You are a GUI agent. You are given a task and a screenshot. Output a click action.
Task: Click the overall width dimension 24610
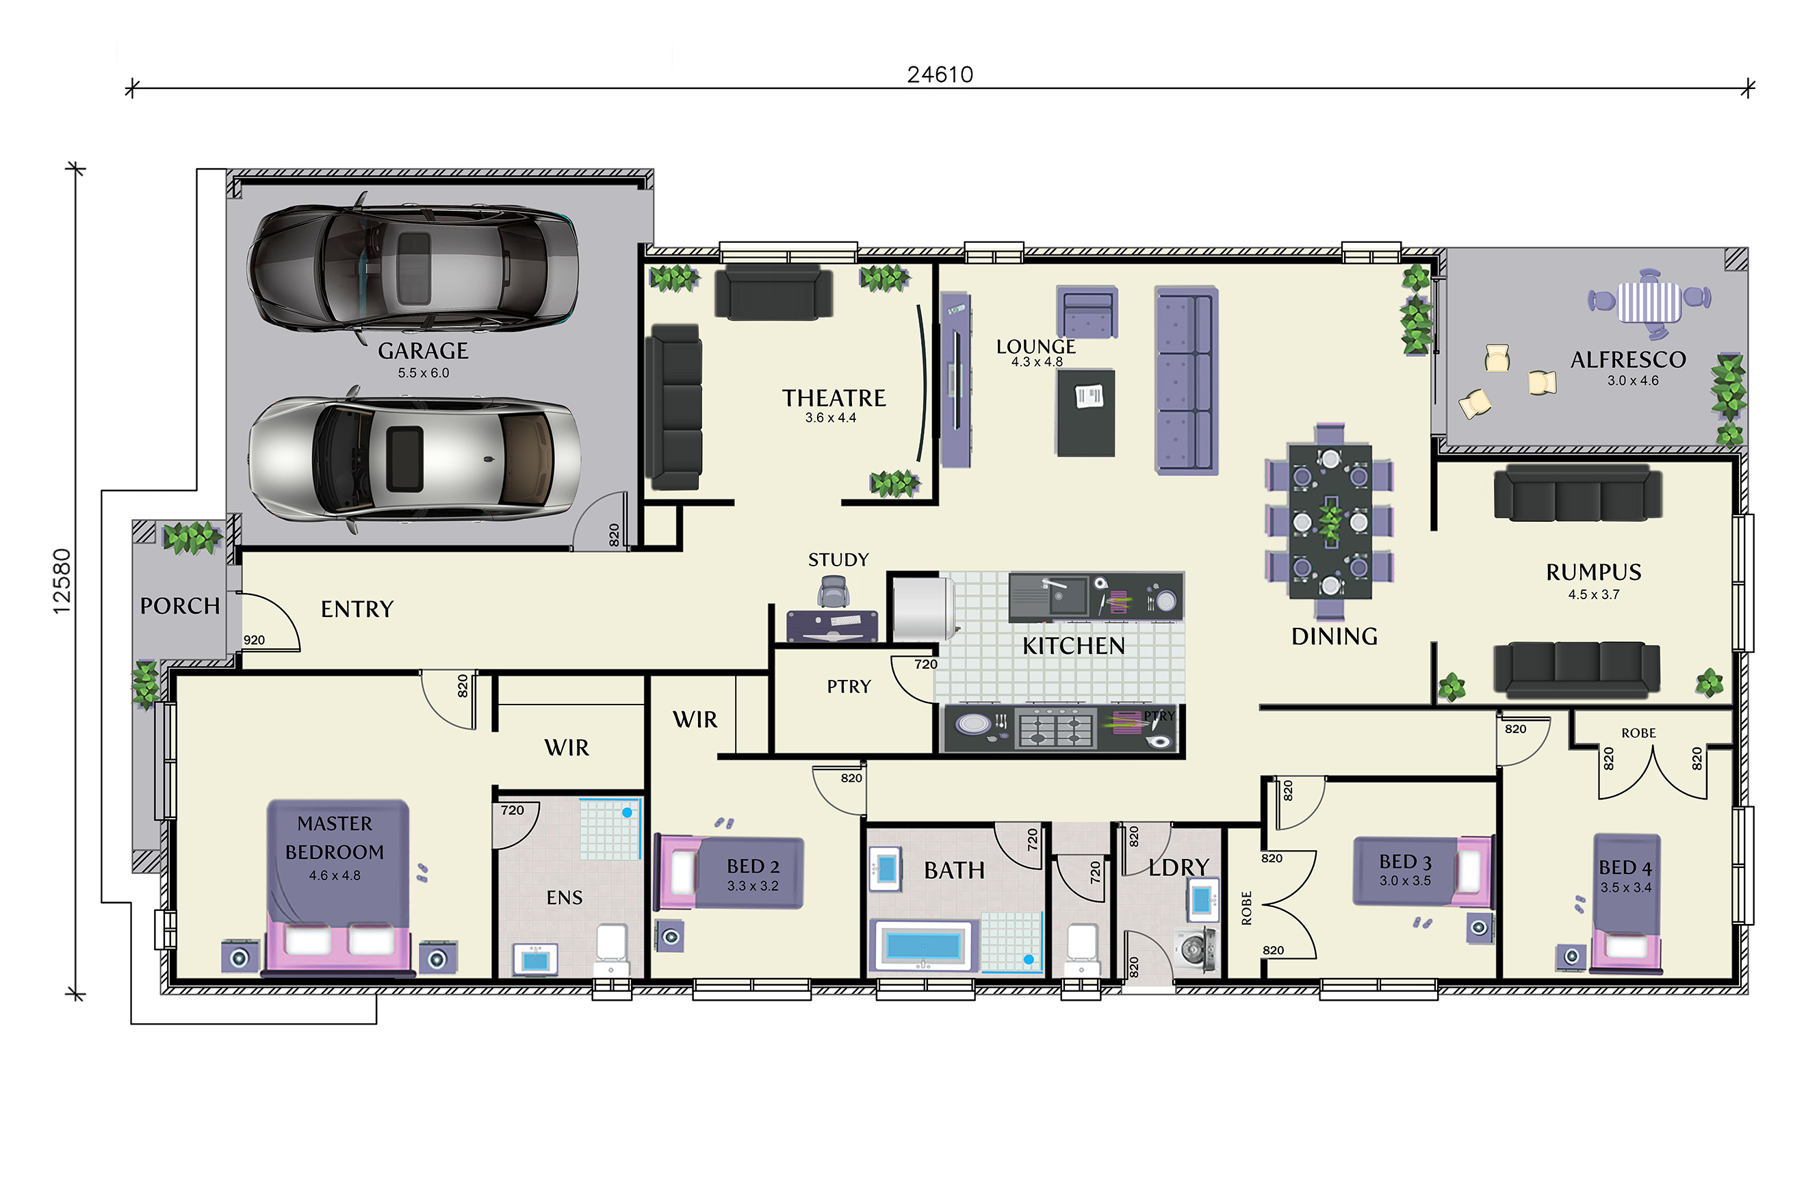940,75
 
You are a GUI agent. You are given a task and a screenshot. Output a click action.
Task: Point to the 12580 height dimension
62,581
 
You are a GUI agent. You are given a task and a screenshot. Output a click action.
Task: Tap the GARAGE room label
423,351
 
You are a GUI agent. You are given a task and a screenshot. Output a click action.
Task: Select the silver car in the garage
414,459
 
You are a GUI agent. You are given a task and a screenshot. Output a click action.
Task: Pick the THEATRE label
834,398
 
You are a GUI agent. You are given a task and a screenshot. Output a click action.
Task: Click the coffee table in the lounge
1086,414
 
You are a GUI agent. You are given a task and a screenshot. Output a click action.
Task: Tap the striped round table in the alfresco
1649,302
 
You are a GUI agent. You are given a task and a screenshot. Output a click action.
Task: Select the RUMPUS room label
1594,572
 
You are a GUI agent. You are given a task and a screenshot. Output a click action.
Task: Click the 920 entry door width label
255,639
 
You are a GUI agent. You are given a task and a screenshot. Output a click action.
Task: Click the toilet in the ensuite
611,950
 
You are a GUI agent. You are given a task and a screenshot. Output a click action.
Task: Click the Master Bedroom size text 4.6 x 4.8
335,875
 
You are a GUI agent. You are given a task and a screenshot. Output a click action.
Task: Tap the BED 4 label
1625,868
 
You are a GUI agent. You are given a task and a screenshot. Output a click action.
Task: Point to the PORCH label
180,606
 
